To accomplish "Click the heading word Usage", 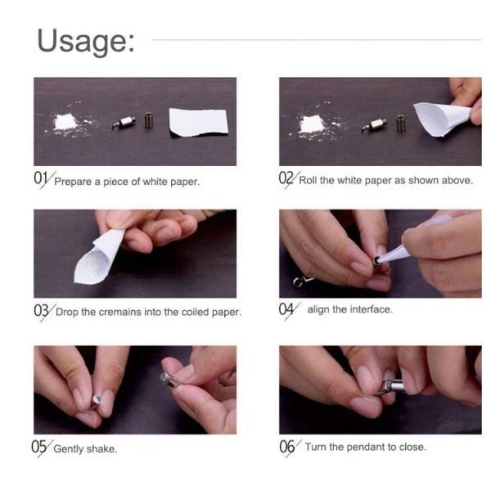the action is tap(86, 42).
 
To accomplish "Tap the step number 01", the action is tap(41, 178).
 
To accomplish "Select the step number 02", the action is tap(286, 178).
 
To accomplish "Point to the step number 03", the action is tap(41, 311).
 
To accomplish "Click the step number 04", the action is tap(286, 309).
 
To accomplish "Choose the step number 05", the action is tap(38, 447).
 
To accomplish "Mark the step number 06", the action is tap(287, 446).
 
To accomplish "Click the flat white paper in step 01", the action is tap(199, 123).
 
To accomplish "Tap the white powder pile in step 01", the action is tap(66, 123).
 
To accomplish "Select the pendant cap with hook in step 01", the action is tap(124, 123).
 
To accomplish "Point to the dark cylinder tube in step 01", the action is tap(149, 120).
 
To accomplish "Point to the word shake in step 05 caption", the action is tap(101, 448).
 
